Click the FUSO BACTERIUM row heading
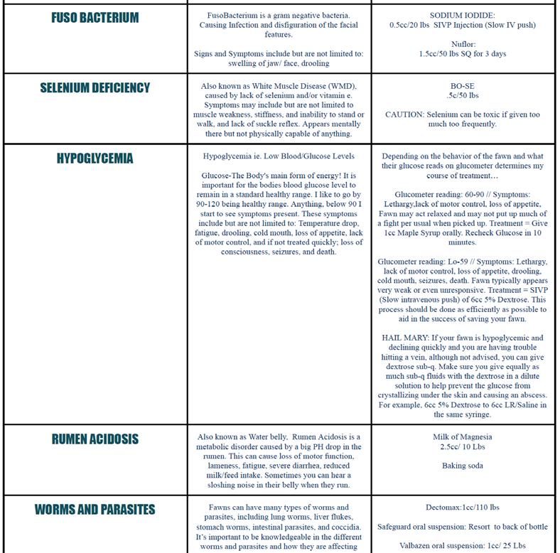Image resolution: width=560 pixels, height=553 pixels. (95, 17)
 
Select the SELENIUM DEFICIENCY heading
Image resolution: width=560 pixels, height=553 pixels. (95, 87)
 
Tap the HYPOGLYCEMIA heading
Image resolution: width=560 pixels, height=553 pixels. (95, 159)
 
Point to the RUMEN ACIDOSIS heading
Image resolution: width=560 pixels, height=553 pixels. (95, 439)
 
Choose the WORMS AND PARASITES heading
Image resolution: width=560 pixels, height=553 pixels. (95, 510)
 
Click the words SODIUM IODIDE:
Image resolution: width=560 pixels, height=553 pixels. (462, 15)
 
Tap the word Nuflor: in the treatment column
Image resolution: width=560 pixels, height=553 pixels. (463, 44)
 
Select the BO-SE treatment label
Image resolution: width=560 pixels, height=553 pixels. (463, 85)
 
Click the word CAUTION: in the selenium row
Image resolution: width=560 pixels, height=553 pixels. (406, 114)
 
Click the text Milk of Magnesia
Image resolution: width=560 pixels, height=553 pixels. (463, 437)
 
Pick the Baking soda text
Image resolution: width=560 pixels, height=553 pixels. (463, 466)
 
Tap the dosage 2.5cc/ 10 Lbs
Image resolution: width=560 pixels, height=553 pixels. (463, 447)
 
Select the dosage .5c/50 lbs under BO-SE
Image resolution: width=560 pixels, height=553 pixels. (463, 95)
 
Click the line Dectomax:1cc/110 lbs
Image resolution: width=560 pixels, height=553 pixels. (463, 508)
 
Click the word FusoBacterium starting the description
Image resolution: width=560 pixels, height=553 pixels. (235, 15)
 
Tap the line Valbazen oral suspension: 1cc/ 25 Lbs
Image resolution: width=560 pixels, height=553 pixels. (463, 546)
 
